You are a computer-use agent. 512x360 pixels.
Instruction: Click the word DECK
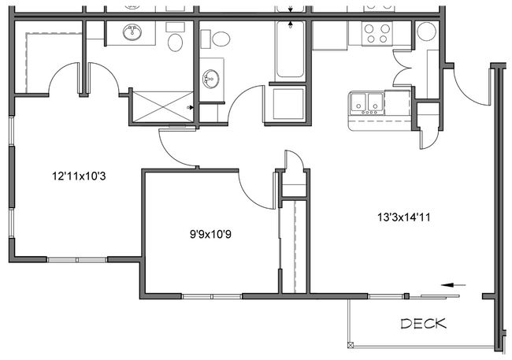pyautogui.click(x=424, y=323)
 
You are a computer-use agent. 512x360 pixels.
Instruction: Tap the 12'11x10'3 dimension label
pyautogui.click(x=79, y=176)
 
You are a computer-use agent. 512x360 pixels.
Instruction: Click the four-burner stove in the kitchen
pyautogui.click(x=375, y=33)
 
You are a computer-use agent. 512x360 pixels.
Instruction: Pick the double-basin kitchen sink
pyautogui.click(x=367, y=102)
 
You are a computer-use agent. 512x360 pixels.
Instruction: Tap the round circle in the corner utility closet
pyautogui.click(x=426, y=32)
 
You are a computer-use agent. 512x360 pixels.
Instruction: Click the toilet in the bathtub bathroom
pyautogui.click(x=220, y=39)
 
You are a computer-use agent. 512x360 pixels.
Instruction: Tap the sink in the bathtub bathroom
pyautogui.click(x=210, y=79)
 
